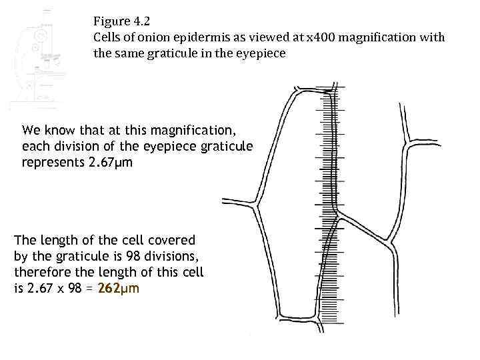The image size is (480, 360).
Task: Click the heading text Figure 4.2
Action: point(121,21)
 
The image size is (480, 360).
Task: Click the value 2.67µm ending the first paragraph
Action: point(111,162)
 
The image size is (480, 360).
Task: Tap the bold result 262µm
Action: point(119,288)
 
